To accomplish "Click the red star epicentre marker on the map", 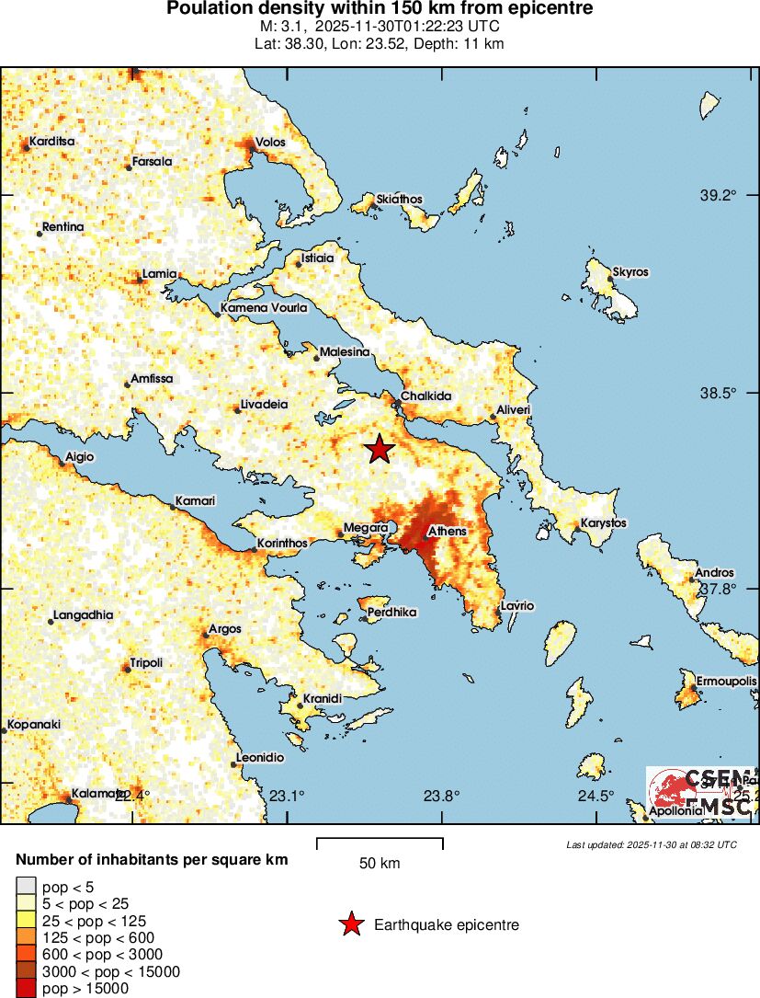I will (379, 449).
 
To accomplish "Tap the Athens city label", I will (448, 531).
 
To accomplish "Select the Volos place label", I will (271, 143).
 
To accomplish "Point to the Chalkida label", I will (426, 396).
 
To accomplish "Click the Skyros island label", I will (630, 272).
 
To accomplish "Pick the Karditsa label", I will (52, 142).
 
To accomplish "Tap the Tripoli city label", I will (146, 662).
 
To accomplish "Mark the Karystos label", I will (603, 523).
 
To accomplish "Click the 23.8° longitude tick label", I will (441, 796).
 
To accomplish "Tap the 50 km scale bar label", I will (379, 864).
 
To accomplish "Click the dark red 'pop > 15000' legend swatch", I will (26, 988).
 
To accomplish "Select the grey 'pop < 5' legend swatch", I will (26, 887).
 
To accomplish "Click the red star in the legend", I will (350, 924).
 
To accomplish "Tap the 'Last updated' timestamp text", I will (651, 844).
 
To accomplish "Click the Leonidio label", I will (260, 757).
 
